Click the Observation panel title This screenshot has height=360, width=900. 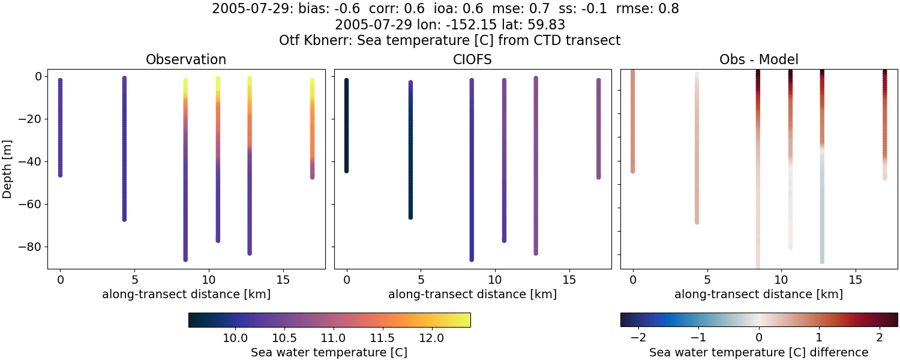(186, 60)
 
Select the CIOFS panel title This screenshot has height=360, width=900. (472, 60)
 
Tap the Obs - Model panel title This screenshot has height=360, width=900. (758, 60)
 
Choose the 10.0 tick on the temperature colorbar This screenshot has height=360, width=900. (236, 338)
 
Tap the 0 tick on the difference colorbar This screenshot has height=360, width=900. (759, 338)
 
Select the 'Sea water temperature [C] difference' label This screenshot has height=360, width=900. (758, 353)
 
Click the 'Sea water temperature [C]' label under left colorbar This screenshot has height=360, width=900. (329, 353)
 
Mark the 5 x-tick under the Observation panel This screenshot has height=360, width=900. (134, 280)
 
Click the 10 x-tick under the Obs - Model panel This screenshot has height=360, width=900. (781, 280)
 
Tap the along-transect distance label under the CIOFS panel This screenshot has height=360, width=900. (472, 295)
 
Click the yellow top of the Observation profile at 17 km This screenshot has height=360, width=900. (312, 82)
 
